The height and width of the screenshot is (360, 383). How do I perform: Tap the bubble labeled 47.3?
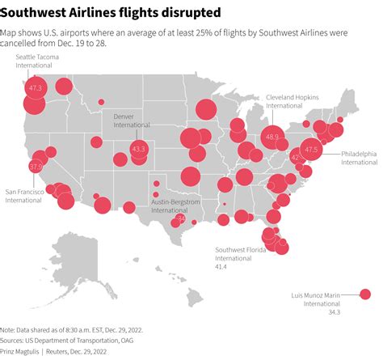(x=36, y=87)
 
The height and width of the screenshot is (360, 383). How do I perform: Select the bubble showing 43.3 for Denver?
(x=138, y=149)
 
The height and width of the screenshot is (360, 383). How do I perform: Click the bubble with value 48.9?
(x=272, y=138)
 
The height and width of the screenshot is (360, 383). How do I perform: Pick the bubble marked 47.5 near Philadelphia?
(x=311, y=148)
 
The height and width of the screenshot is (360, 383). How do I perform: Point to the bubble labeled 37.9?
(x=36, y=166)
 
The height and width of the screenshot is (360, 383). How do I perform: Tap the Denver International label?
(x=131, y=121)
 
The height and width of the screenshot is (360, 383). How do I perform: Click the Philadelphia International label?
(x=358, y=158)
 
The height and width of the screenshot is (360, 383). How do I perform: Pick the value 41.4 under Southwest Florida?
(x=221, y=267)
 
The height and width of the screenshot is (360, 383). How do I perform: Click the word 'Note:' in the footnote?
(x=8, y=330)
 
